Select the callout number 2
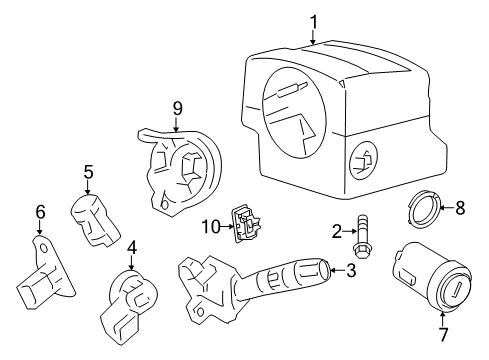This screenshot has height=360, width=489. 337,232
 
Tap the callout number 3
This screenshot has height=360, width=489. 350,270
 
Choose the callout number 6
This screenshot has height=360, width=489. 40,211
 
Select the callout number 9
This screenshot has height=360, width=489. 176,106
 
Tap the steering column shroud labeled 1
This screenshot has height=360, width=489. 330,120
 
